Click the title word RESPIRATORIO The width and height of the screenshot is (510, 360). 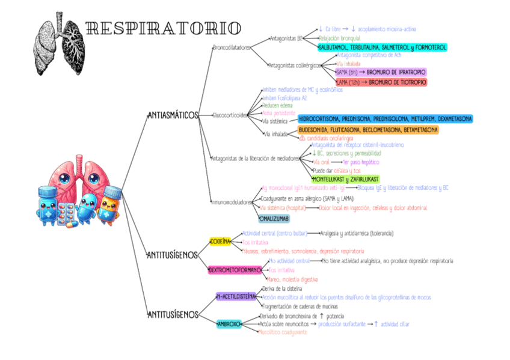164,28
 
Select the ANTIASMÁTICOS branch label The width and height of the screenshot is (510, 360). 173,115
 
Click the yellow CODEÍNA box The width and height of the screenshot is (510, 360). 220,241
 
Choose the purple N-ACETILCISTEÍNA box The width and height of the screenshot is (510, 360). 236,296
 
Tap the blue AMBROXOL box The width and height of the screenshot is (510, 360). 229,324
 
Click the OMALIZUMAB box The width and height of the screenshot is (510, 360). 274,219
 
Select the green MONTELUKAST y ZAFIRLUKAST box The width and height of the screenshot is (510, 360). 345,179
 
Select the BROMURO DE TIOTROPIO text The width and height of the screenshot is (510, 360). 397,82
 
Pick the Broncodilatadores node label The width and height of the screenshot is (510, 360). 232,47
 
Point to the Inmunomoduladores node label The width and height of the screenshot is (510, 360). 232,202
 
